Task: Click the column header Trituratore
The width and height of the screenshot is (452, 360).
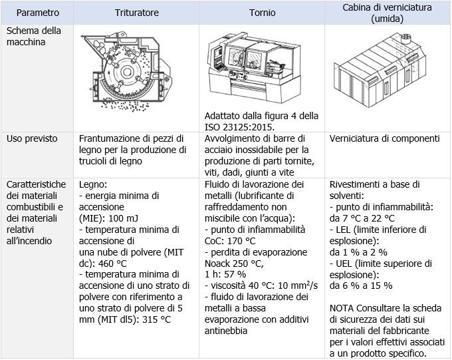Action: coord(138,13)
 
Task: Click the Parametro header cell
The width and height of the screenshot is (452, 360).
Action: coord(38,13)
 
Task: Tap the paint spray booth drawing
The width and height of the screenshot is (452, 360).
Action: coord(386,73)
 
